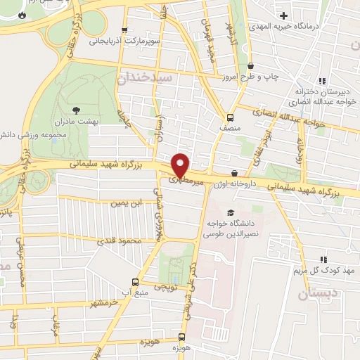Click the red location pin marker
click(181, 165)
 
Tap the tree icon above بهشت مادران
click(77, 110)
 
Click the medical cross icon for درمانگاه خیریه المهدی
click(283, 15)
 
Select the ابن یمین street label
click(127, 204)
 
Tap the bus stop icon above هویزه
click(181, 337)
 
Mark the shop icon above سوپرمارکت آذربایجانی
click(124, 30)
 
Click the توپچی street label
click(166, 288)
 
